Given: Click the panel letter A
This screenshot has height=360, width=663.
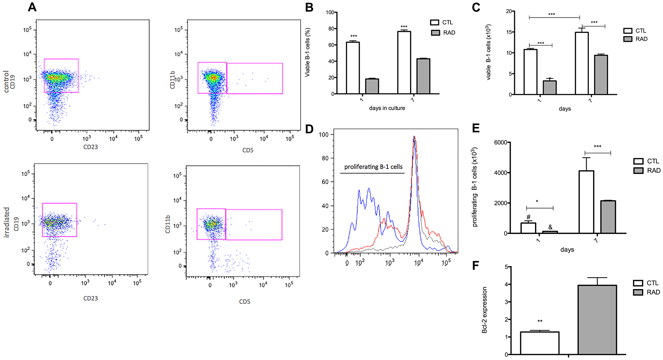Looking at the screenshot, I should click(32, 7).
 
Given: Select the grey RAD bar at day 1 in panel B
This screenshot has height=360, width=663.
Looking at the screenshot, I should click(372, 86).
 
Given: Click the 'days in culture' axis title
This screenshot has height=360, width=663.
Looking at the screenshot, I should click(387, 108).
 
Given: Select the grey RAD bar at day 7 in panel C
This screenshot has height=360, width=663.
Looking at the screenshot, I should click(601, 75).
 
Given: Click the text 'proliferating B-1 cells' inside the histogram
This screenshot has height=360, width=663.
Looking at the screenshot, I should click(373, 167).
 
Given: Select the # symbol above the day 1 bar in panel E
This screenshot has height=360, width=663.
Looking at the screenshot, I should click(528, 217).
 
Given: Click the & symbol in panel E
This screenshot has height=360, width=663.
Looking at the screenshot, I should click(550, 227).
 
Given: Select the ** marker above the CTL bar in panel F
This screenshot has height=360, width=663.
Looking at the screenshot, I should click(540, 321).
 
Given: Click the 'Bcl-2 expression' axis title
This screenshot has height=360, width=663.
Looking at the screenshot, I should click(485, 310).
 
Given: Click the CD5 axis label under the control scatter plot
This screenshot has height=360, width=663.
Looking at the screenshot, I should click(248, 150).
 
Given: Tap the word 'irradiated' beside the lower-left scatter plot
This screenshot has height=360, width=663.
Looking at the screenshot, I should click(7, 222).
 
